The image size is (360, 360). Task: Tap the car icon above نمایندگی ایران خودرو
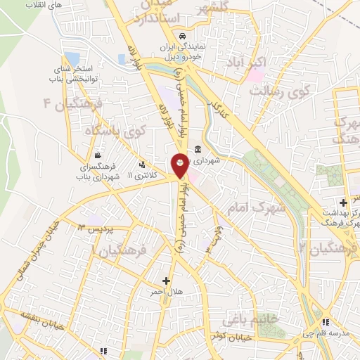[182, 36]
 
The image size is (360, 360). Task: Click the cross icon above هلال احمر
[166, 280]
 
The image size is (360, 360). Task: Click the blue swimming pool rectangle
[71, 58]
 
